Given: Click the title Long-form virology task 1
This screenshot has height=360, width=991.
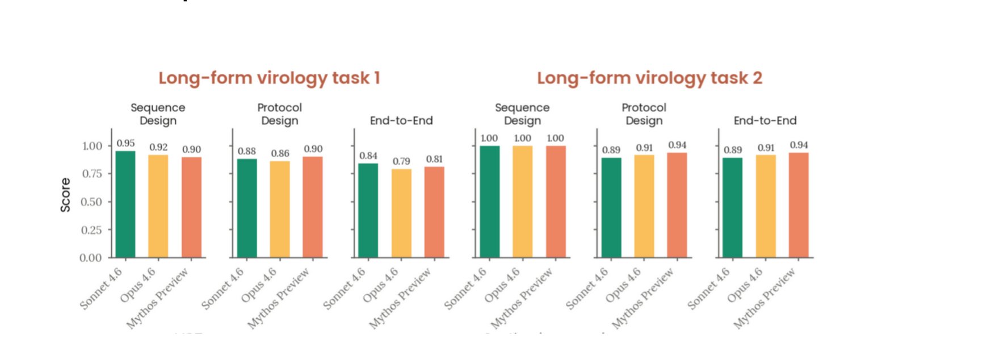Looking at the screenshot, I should (269, 78).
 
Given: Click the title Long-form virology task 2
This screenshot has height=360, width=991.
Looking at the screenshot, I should (649, 78).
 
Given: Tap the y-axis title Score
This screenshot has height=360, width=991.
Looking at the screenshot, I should (66, 195).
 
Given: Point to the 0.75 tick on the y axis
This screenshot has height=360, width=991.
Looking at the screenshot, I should (92, 174).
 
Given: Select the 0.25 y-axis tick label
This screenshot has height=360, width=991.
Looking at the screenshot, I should (92, 230).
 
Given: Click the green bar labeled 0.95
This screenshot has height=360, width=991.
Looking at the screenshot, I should (125, 204).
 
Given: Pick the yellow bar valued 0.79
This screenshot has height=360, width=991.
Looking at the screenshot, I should (401, 213).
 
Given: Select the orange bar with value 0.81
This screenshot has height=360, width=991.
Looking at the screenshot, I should (434, 212).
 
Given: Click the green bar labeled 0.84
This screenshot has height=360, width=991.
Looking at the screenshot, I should (368, 210).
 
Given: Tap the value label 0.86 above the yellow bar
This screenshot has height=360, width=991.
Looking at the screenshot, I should (280, 153).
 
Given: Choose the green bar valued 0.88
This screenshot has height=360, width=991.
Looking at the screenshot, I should (247, 208).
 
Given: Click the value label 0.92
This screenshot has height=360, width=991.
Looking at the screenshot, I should (158, 147).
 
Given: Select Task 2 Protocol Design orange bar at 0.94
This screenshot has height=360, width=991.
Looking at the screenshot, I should (677, 204).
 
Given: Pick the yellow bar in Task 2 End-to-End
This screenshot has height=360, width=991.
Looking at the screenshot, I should (766, 206).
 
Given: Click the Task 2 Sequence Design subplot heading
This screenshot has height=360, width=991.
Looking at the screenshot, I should (522, 114).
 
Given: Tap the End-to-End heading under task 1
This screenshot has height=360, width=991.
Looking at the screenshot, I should (401, 120).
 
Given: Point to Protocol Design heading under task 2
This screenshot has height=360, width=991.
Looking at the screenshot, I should (644, 114).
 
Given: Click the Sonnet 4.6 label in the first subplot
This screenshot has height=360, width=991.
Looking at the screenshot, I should (101, 288).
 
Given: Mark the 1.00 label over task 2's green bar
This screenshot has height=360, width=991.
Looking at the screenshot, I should (489, 138).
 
